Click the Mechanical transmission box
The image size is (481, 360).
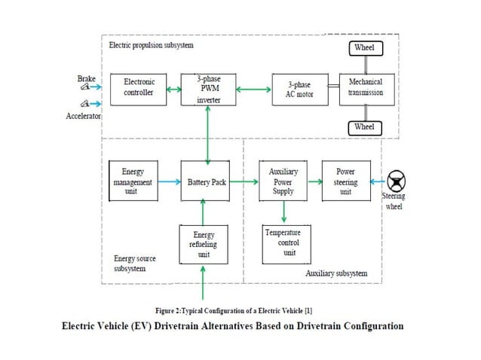(x=365, y=88)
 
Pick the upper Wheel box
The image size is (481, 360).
(x=364, y=49)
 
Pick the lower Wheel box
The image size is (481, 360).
(x=364, y=127)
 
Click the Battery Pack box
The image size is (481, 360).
(x=203, y=182)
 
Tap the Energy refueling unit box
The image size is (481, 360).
(x=203, y=244)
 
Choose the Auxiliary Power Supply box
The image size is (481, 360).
(x=283, y=182)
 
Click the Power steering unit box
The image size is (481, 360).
(x=345, y=182)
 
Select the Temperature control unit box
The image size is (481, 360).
(x=283, y=243)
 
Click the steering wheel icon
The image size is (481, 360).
(x=397, y=182)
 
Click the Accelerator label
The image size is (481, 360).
(x=84, y=117)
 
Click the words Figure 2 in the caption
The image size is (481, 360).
(x=172, y=310)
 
